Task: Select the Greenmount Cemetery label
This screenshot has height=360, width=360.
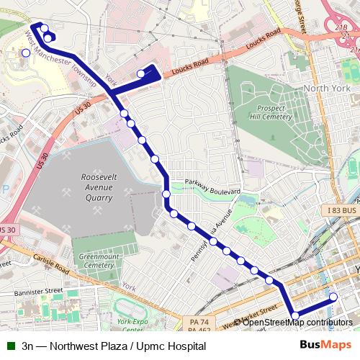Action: point(97,260)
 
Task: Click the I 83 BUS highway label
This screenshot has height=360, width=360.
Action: point(341,210)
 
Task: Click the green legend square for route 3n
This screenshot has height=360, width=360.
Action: point(11,346)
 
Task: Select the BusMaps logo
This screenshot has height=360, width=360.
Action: point(321,346)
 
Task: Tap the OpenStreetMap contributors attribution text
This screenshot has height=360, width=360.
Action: point(297,323)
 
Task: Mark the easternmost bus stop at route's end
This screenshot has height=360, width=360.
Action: point(333,297)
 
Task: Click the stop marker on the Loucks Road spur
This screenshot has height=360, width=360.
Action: point(141,73)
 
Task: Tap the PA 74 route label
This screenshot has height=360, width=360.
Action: point(199,321)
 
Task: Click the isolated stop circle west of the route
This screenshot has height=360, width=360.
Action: point(26,52)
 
